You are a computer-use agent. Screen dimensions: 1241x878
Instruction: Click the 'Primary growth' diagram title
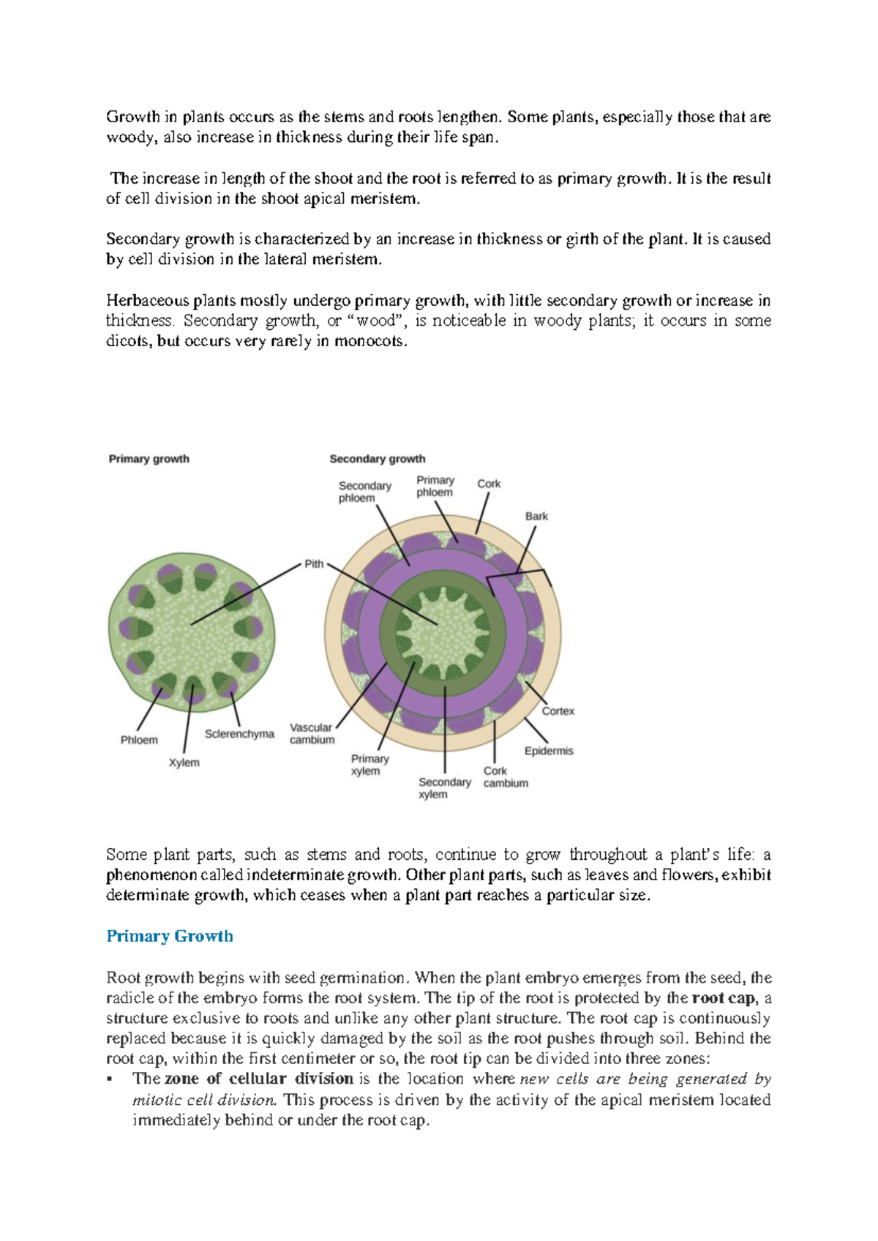149,459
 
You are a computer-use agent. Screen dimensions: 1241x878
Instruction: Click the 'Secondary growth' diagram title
377,459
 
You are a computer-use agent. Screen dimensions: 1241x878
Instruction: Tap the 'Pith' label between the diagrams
314,563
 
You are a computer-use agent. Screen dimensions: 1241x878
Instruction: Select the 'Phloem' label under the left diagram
139,740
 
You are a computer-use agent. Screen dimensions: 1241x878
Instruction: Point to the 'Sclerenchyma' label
239,734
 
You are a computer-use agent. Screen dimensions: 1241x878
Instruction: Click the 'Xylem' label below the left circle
184,762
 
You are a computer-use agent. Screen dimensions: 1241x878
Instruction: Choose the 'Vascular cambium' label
312,733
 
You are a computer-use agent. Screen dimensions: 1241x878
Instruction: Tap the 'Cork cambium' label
505,777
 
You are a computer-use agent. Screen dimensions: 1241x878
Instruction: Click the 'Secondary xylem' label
444,788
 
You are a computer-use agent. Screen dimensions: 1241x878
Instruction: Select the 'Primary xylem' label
369,765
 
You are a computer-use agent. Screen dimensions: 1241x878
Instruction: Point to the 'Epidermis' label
549,751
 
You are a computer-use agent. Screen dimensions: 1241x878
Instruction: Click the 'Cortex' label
558,711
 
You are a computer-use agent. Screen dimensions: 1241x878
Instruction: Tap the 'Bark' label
536,516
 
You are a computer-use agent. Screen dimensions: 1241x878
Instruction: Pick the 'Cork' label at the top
489,484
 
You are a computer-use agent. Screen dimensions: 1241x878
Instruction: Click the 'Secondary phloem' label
364,492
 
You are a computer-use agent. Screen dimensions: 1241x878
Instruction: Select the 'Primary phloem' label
435,486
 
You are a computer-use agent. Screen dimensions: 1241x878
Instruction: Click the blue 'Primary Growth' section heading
170,936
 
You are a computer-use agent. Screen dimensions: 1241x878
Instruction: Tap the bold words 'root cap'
723,998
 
